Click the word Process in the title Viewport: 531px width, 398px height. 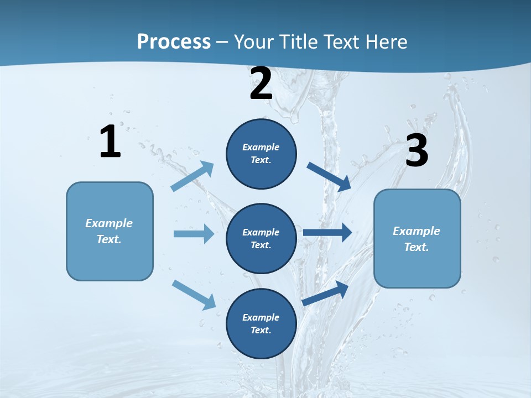pos(174,42)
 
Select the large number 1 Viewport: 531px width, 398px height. pos(110,142)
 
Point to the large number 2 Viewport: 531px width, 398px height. pos(261,83)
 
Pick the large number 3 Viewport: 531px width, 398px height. pos(417,151)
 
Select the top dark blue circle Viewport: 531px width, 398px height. pos(261,154)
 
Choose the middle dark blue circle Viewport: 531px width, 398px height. pos(261,239)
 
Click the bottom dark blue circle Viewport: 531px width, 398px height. pos(261,324)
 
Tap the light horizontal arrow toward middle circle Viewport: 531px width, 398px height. pos(194,234)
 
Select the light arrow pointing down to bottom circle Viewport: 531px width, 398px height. pos(194,295)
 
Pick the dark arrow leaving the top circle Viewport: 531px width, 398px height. pos(329,175)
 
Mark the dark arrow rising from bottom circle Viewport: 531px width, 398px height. pos(326,292)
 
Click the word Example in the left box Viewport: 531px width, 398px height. pos(109,223)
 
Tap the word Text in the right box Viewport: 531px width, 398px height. pos(416,247)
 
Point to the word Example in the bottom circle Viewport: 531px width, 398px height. pos(261,317)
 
